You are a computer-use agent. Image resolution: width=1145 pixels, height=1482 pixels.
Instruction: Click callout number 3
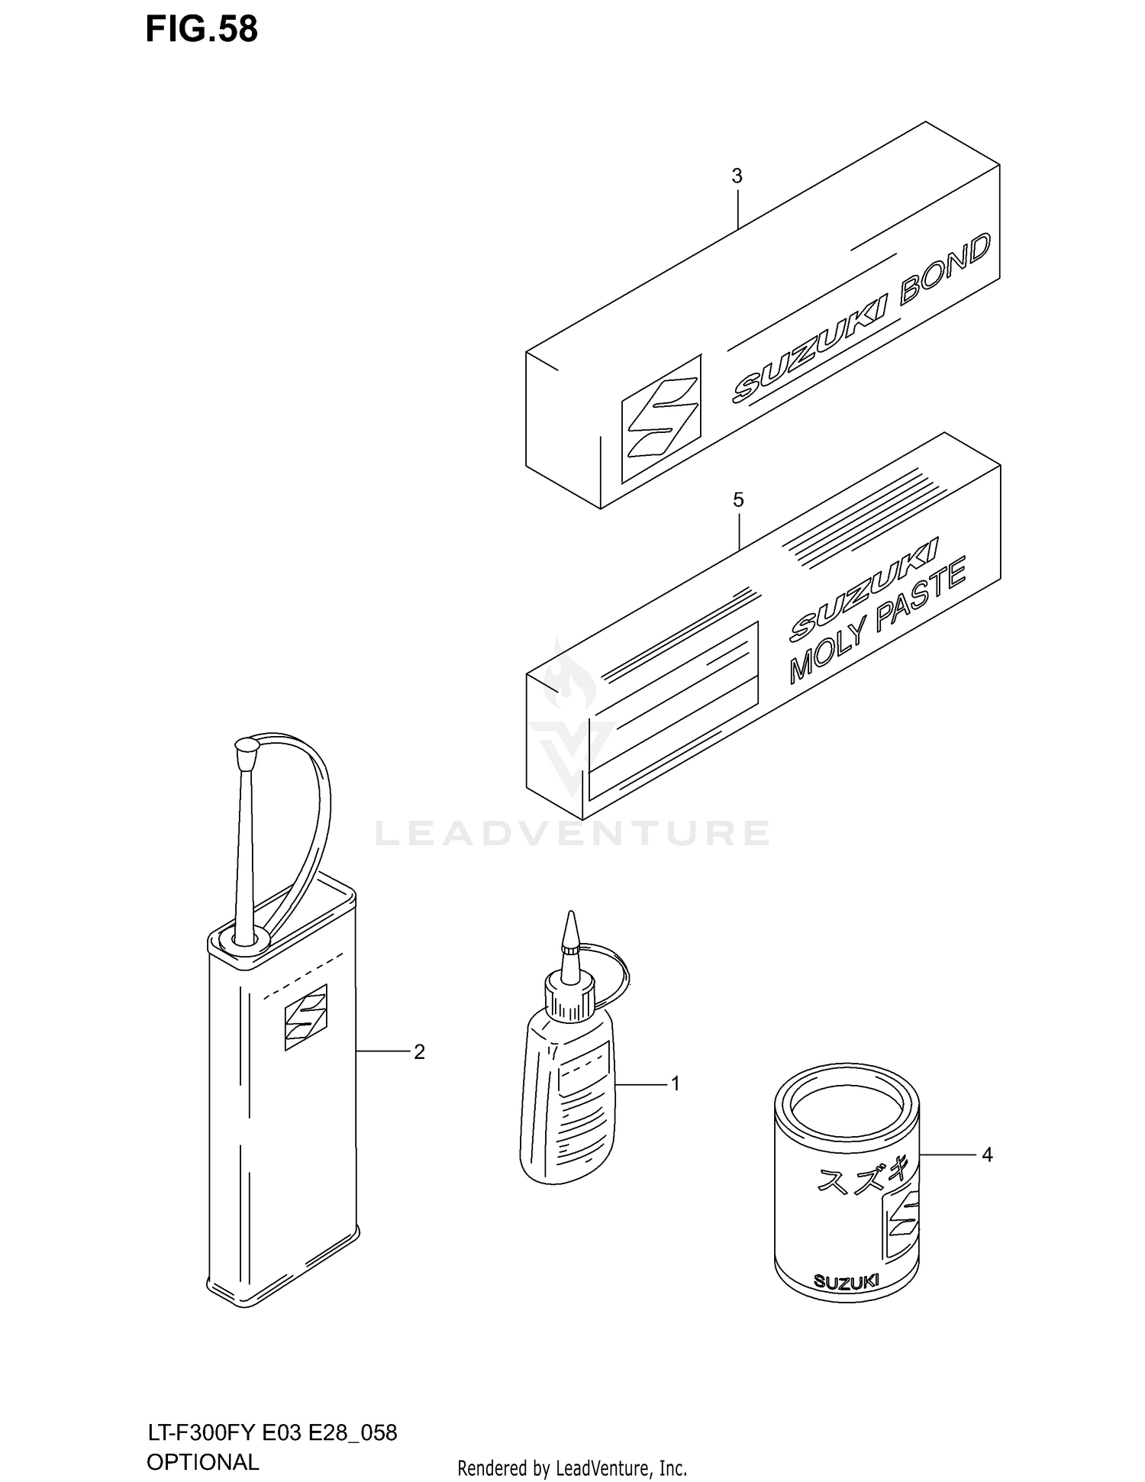click(x=737, y=176)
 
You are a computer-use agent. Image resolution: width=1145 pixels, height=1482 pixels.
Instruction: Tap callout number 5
click(x=737, y=500)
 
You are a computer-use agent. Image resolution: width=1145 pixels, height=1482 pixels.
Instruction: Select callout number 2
click(x=419, y=1052)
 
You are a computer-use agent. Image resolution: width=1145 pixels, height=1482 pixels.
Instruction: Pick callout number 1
click(x=675, y=1083)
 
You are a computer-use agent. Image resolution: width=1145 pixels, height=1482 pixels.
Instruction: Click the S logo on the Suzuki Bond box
click(x=661, y=419)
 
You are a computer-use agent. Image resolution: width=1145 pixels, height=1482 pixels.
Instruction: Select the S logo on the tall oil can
click(x=305, y=1017)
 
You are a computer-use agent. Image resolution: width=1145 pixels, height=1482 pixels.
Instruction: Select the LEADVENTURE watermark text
click(x=572, y=833)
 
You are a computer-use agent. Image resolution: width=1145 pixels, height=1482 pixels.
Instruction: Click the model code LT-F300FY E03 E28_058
click(x=272, y=1433)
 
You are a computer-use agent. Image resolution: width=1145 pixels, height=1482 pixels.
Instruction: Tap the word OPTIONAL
click(x=202, y=1462)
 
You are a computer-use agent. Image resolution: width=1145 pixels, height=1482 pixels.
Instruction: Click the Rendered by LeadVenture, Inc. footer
click(x=572, y=1468)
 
